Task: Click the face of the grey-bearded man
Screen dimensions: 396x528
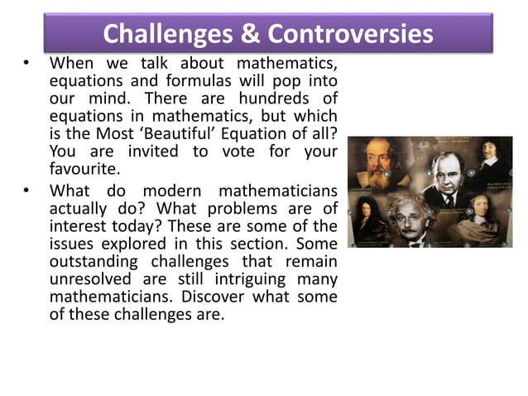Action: [x=382, y=162]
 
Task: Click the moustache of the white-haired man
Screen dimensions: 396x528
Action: [x=427, y=229]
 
